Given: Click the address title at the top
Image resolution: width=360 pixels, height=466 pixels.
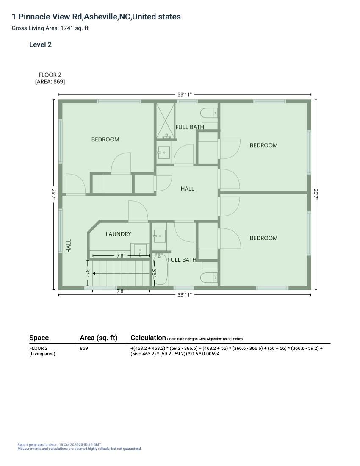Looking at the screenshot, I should pos(96,17).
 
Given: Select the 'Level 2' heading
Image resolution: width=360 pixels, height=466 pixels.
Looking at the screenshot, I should pos(40,44).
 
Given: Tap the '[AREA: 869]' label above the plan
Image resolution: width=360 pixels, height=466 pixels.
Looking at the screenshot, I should pos(50,81).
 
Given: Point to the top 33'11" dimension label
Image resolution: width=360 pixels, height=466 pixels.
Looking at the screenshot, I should pos(185,94).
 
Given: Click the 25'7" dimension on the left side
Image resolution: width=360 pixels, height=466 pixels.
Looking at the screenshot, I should pos(54,194).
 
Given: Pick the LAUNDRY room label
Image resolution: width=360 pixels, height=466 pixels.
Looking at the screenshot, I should pos(119,234).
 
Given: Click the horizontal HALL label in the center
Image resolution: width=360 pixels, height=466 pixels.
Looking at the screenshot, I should pos(187,189).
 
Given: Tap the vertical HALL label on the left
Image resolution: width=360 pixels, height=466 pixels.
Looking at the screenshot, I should pos(69,246).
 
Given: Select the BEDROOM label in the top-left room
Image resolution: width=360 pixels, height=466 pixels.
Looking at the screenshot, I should pos(105,139).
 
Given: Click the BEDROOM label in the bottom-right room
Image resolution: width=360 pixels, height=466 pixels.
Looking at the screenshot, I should pos(263,238).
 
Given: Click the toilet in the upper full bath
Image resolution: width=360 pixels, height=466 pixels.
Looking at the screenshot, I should pos(209,114).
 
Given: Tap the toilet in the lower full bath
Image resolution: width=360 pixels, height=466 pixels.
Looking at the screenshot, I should pos(209,277).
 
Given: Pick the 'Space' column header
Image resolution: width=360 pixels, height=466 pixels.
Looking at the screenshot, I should pos(39,338).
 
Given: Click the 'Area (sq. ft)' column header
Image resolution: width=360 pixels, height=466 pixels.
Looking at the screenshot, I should pos(98,338).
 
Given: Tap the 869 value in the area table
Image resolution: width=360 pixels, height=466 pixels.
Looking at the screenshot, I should pos(84,348).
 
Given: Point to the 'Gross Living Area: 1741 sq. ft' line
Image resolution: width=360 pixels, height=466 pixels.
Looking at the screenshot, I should pos(50,28).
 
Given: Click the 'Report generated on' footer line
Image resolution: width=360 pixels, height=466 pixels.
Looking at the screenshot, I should pos(59,445).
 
